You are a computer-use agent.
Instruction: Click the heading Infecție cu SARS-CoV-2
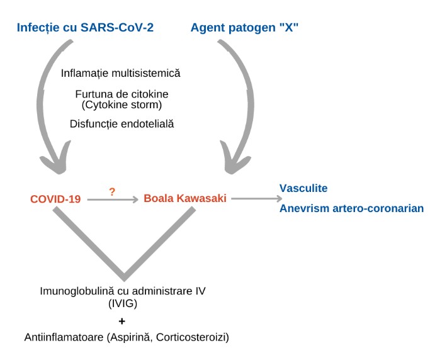tap(86, 27)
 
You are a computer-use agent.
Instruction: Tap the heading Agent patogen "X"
tap(244, 27)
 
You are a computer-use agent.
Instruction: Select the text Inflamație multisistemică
tap(121, 73)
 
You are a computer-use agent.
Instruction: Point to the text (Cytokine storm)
tap(121, 104)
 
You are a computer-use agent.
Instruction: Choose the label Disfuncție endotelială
tap(122, 124)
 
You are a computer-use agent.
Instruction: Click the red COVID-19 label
tap(55, 200)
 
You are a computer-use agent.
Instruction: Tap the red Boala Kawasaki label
tap(185, 199)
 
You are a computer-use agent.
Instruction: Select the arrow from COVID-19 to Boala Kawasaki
tap(112, 200)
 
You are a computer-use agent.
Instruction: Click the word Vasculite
tap(303, 188)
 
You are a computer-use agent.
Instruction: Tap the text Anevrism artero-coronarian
tap(351, 208)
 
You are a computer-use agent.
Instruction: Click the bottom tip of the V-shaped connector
tap(124, 276)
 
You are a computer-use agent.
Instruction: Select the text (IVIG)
tap(123, 303)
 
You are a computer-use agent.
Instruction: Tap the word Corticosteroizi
tap(196, 338)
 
